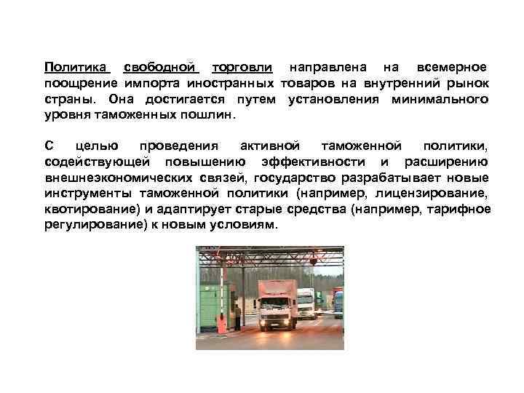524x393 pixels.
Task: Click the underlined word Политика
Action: click(76, 67)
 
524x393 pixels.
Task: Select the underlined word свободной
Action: click(161, 67)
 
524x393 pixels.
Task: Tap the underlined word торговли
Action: click(242, 67)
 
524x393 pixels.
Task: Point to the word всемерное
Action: click(448, 67)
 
